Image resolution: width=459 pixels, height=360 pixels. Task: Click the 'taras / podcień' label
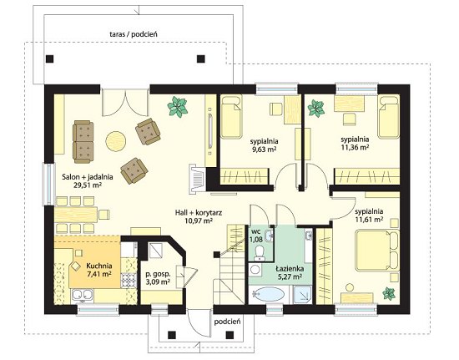pyautogui.click(x=134, y=34)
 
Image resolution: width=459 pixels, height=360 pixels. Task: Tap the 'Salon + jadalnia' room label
pyautogui.click(x=88, y=177)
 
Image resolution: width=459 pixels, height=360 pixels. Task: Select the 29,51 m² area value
pyautogui.click(x=88, y=185)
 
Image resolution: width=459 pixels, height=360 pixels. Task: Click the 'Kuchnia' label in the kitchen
pyautogui.click(x=99, y=266)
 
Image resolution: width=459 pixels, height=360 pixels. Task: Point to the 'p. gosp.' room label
pyautogui.click(x=158, y=275)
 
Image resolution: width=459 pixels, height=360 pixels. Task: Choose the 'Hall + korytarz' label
pyautogui.click(x=199, y=213)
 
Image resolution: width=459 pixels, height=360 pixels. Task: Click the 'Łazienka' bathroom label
pyautogui.click(x=290, y=269)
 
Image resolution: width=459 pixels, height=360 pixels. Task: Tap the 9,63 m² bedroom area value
pyautogui.click(x=264, y=150)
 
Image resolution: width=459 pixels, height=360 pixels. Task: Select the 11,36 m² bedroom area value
pyautogui.click(x=355, y=147)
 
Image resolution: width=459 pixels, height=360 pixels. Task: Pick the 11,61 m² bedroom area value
pyautogui.click(x=369, y=219)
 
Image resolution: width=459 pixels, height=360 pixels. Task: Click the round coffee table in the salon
pyautogui.click(x=116, y=141)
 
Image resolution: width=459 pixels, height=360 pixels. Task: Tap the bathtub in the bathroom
pyautogui.click(x=269, y=294)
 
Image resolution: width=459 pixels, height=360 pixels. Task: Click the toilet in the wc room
pyautogui.click(x=259, y=252)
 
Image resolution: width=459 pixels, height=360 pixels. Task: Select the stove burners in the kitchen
pyautogui.click(x=128, y=280)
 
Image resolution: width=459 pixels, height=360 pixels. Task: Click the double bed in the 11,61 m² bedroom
pyautogui.click(x=376, y=251)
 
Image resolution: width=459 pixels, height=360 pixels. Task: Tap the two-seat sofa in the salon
pyautogui.click(x=83, y=142)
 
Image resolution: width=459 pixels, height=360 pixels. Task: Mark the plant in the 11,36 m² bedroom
pyautogui.click(x=315, y=109)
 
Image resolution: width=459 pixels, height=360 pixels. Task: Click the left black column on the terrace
pyautogui.click(x=50, y=58)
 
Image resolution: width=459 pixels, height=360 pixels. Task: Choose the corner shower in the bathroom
pyautogui.click(x=302, y=295)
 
